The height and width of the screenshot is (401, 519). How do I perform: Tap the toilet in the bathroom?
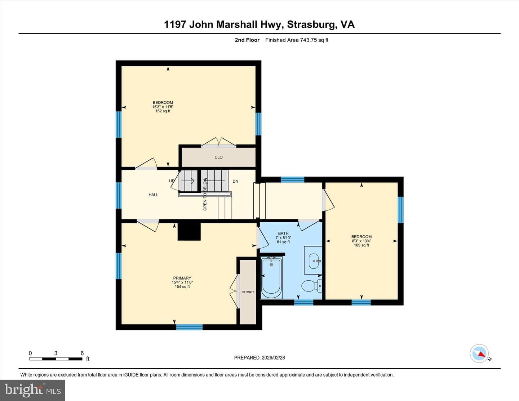(x=312, y=286)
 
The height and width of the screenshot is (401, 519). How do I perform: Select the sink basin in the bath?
(x=315, y=261)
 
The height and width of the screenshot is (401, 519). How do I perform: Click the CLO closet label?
(x=218, y=157)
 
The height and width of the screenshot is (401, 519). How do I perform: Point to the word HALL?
(x=153, y=195)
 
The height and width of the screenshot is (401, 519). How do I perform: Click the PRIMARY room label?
(x=182, y=278)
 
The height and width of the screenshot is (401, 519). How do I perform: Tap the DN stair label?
(x=235, y=181)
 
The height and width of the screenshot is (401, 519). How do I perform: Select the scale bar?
(x=56, y=359)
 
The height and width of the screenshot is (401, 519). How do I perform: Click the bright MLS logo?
(x=32, y=391)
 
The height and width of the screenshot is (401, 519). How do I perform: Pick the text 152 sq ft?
(x=163, y=111)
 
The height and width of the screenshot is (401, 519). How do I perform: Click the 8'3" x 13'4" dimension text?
(x=361, y=241)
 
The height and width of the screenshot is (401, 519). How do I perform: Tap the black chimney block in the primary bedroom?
(x=189, y=232)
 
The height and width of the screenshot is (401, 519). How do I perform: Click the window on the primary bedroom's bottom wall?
(x=190, y=327)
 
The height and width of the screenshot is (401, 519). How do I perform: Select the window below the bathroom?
(x=303, y=302)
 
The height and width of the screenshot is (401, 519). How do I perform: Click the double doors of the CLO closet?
(x=219, y=143)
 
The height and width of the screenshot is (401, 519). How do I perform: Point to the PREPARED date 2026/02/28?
(x=273, y=357)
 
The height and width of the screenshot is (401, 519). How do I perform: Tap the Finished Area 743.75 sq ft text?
(x=297, y=40)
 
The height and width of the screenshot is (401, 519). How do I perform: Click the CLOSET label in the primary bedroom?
(x=248, y=292)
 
